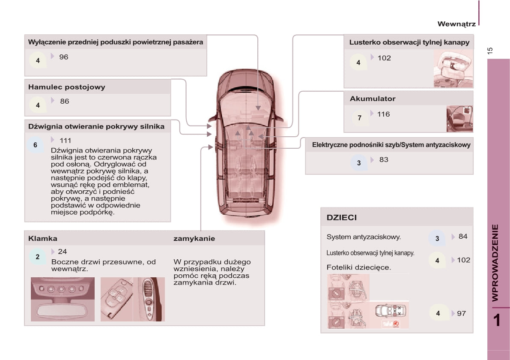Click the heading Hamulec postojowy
point(66,87)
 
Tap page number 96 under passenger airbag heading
point(63,57)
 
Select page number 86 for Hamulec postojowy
point(64,102)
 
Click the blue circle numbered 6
point(36,145)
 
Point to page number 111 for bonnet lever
point(65,141)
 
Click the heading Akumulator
point(372,99)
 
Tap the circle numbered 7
point(359,117)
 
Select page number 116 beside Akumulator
point(383,114)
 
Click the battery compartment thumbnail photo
point(459,119)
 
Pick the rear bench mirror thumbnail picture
point(453,69)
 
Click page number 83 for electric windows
point(384,160)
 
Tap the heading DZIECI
point(341,218)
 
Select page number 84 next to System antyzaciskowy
point(463,237)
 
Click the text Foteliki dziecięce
point(358,267)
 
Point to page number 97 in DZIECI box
point(461,314)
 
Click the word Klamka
point(42,238)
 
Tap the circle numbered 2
point(38,257)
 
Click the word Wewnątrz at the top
point(456,24)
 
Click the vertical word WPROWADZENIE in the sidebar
point(495,262)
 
